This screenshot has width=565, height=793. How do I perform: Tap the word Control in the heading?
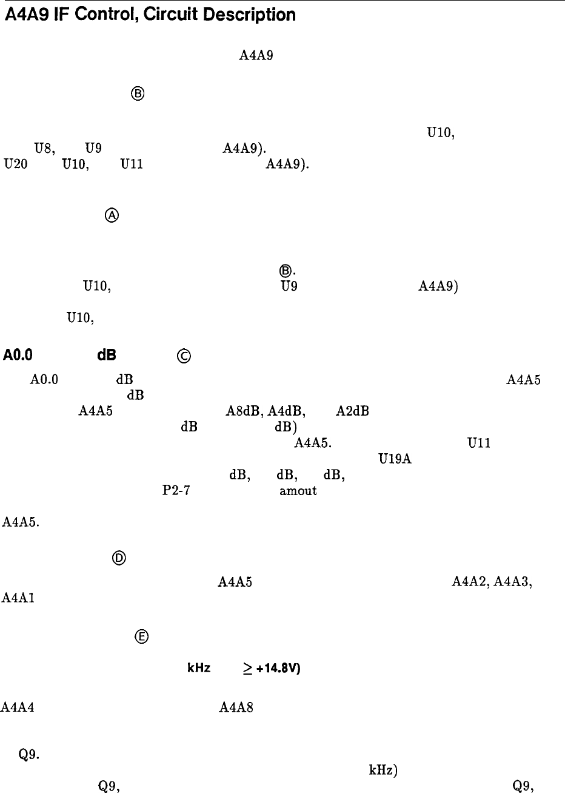pyautogui.click(x=104, y=15)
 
